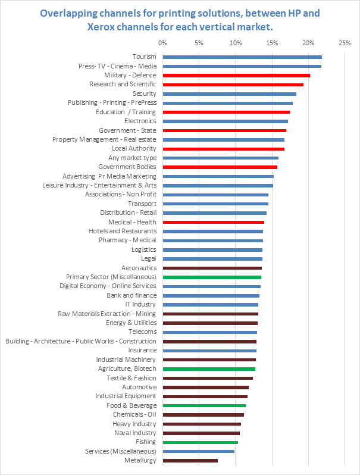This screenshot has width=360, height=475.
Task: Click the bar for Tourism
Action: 242,57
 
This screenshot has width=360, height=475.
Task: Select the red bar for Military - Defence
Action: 236,76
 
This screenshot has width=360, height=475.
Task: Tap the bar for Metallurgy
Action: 190,460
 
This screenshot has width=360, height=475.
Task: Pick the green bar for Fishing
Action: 200,442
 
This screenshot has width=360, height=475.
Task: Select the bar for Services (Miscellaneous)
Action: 198,451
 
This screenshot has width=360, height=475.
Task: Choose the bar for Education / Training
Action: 226,112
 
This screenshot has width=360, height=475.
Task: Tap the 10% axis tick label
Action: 235,43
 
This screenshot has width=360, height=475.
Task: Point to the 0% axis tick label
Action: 162,43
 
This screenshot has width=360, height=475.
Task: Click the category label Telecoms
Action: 142,332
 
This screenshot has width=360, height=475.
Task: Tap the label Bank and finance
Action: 132,295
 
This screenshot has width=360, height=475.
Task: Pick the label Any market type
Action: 132,158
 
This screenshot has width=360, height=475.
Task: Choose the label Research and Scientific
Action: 123,85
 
